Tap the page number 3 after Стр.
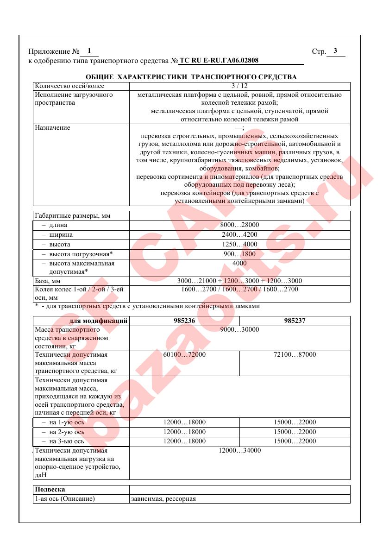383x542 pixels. coord(335,51)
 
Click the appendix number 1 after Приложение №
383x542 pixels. coord(89,51)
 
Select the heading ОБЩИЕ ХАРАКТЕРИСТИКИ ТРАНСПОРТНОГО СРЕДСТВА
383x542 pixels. coord(191,76)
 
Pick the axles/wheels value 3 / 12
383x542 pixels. coord(239,86)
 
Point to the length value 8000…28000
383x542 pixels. coord(239,225)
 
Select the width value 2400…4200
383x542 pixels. coord(239,235)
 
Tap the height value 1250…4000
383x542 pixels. coord(239,245)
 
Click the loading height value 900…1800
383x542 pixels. coord(239,254)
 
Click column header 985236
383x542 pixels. coord(184,321)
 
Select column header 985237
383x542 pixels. coord(295,321)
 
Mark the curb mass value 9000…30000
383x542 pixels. coord(239,330)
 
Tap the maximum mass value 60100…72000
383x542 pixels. coord(184,354)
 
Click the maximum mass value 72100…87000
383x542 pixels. coord(295,354)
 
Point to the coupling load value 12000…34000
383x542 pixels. coord(239,451)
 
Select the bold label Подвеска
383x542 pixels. coord(50,489)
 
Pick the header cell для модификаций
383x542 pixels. coord(98,321)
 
